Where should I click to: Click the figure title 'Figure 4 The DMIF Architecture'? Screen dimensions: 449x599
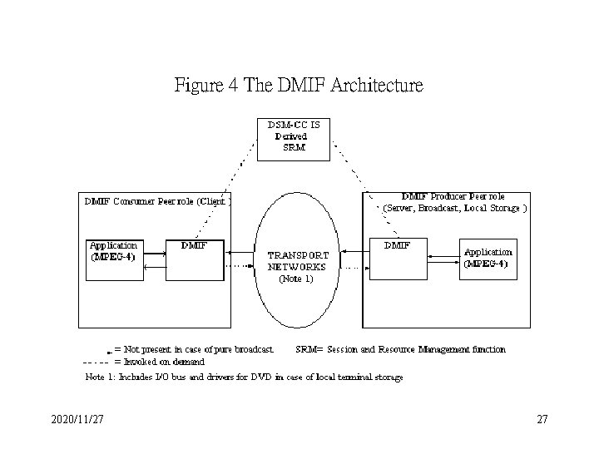pos(299,85)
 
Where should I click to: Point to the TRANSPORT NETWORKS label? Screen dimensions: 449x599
pos(297,261)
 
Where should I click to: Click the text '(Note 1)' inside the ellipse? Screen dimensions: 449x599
pos(296,279)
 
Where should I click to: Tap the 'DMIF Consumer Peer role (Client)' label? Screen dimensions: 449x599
pos(156,200)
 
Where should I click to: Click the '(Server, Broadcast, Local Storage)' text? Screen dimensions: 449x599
pos(454,208)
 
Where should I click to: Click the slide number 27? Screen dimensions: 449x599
pos(542,421)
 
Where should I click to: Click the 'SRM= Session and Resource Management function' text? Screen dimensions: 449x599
pos(401,349)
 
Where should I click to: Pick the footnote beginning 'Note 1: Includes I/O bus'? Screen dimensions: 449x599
pos(245,377)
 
